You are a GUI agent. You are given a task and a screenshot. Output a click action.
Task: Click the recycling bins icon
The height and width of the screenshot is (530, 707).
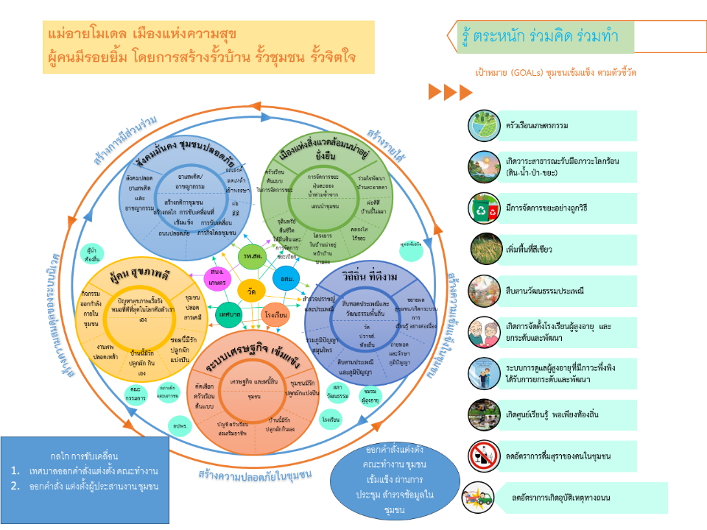click(484, 209)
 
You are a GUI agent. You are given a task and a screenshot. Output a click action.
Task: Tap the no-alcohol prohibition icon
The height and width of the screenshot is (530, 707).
click(484, 456)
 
